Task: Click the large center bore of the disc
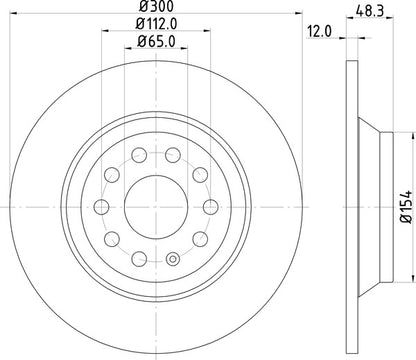[154, 197]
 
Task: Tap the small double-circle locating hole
[172, 262]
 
